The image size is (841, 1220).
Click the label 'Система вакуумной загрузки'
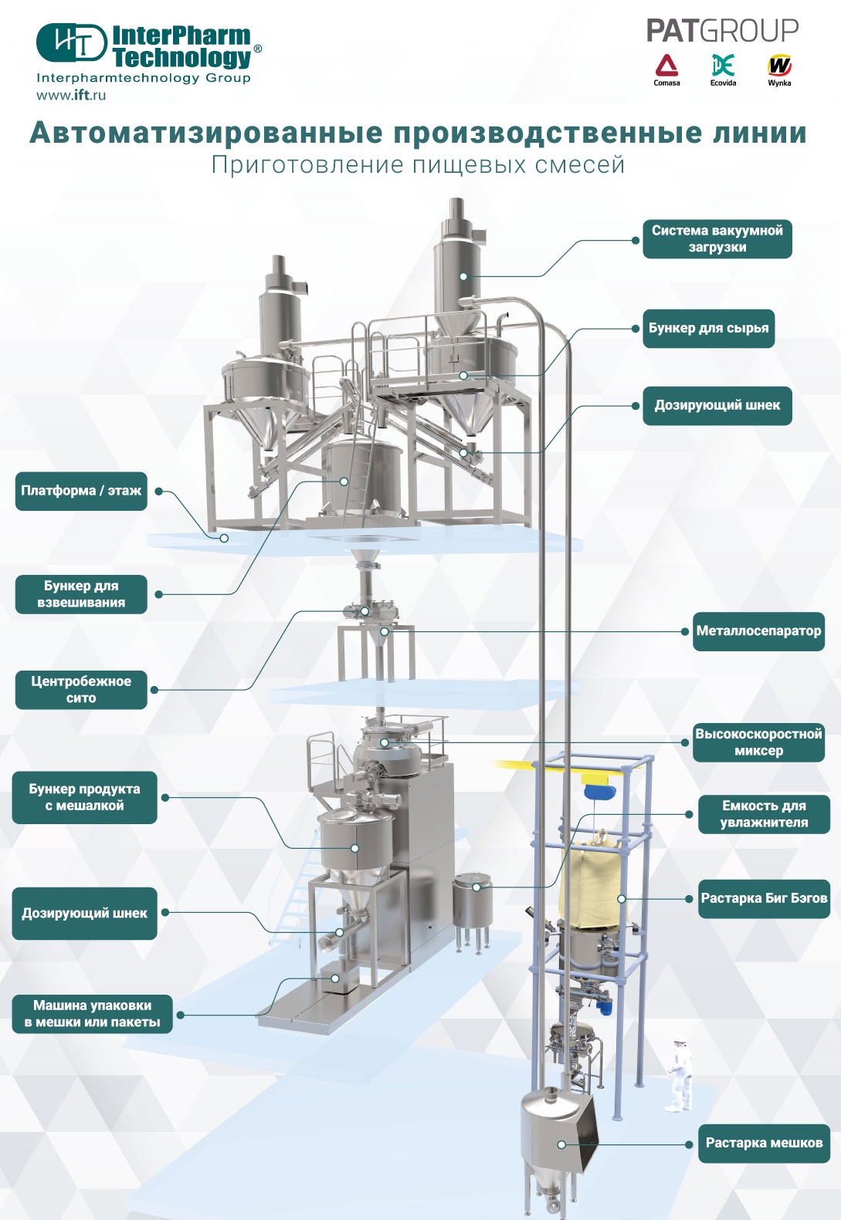click(x=717, y=238)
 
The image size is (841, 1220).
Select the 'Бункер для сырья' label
click(x=708, y=329)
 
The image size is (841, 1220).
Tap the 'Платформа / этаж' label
click(x=81, y=491)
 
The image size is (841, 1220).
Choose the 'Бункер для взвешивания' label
click(x=81, y=594)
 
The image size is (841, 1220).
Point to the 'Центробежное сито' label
click(x=81, y=689)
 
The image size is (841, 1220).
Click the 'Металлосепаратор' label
click(x=758, y=631)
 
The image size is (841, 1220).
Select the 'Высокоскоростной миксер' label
click(x=758, y=742)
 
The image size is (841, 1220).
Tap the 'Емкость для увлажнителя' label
click(x=764, y=814)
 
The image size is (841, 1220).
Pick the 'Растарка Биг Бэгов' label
click(x=764, y=898)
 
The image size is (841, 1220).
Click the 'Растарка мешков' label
click(x=764, y=1143)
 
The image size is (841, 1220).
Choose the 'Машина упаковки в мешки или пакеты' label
click(x=92, y=1014)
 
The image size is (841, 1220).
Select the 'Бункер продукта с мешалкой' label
click(x=84, y=797)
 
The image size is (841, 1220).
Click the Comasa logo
click(x=666, y=69)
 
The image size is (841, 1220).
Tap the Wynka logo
click(x=779, y=69)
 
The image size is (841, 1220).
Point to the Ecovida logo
click(x=723, y=69)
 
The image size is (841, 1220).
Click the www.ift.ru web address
click(x=71, y=95)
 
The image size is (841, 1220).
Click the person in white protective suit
click(x=680, y=1073)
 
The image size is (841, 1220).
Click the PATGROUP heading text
click(x=722, y=31)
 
